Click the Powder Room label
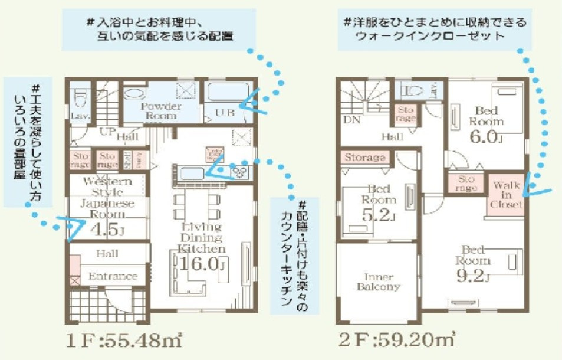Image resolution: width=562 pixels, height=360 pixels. pos(160,110)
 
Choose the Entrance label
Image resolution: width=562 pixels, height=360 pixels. pos(113,276)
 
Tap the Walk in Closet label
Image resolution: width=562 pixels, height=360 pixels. pos(507,195)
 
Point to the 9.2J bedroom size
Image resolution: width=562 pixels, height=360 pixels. pos(474,276)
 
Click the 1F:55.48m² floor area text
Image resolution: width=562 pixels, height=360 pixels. pos(122,340)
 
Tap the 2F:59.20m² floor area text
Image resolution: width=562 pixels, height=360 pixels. pos(396,340)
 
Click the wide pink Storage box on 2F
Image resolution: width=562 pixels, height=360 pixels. pos(364,158)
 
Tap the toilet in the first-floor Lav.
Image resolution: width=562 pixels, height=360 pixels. pos(78,94)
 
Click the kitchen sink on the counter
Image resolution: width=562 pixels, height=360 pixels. pos(192,173)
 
